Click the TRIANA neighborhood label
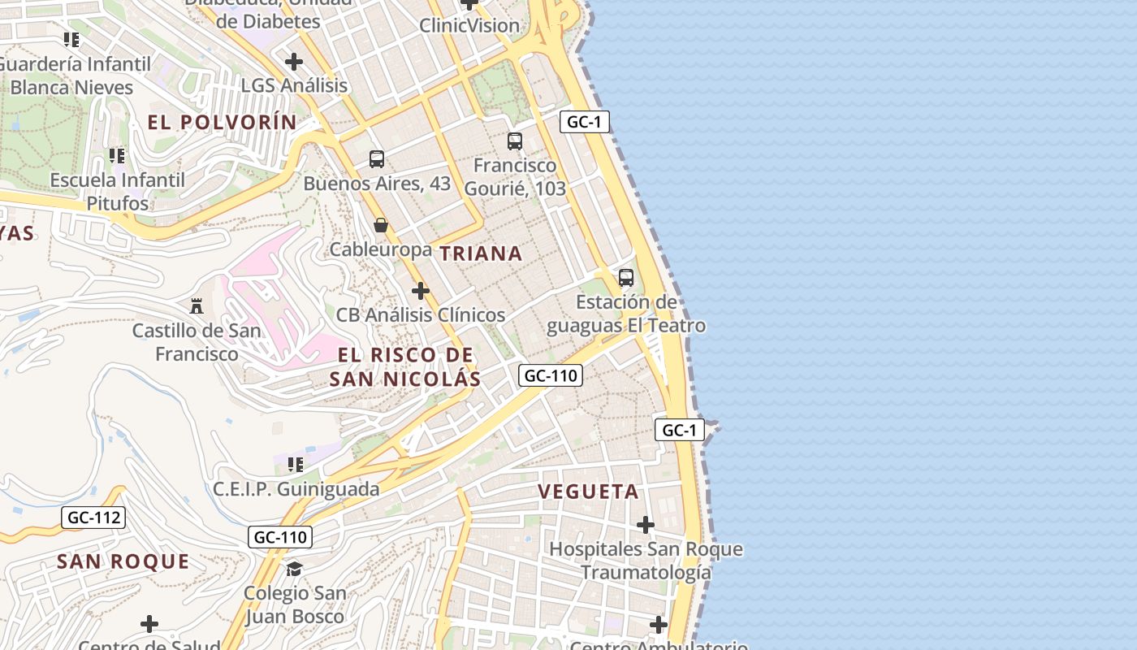481,253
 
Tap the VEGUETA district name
589,492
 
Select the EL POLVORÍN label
222,123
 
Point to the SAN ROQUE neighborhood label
123,561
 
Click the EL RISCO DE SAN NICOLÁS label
405,367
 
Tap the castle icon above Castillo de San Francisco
197,306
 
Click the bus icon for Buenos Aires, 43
377,159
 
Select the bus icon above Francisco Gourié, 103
515,141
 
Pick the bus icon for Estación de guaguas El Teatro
625,278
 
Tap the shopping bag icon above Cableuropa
380,225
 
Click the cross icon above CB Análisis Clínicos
420,291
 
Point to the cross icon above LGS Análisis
294,61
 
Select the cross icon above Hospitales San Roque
646,525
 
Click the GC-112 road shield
93,518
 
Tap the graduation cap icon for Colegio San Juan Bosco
294,569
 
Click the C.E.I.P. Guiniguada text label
296,489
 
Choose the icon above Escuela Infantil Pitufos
117,155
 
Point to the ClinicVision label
469,25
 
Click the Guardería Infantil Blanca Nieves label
76,76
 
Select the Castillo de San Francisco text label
197,342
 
